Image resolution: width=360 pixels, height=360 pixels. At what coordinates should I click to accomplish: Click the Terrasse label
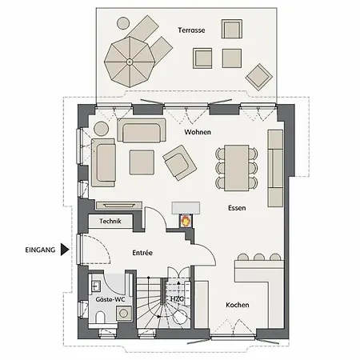tap(191, 30)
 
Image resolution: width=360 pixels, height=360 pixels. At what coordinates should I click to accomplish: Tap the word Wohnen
tap(198, 132)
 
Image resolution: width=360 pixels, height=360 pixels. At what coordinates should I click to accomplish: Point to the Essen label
tap(237, 208)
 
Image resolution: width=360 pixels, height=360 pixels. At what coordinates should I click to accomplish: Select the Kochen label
tap(238, 305)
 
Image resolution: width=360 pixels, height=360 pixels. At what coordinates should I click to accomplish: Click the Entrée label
tap(142, 253)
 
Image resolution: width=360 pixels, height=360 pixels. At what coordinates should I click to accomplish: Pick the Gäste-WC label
tap(110, 299)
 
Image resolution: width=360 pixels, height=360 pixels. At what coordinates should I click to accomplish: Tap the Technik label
tap(110, 221)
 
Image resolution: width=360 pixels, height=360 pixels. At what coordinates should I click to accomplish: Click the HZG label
tap(177, 299)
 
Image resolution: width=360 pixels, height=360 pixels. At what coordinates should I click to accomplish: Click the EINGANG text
tap(40, 250)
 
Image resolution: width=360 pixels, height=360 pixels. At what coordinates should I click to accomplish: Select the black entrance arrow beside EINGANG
tap(64, 250)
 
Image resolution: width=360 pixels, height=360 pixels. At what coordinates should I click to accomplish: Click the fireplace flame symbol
tap(186, 221)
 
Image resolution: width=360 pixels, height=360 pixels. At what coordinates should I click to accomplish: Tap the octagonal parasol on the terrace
tap(130, 62)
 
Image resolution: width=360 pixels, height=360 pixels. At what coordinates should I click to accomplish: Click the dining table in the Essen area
tap(237, 168)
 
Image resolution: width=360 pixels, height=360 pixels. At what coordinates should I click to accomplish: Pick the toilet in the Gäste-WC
tap(100, 317)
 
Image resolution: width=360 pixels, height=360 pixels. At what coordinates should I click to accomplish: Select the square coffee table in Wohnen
tap(142, 162)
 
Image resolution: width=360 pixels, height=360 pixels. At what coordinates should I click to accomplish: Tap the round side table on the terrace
tap(123, 23)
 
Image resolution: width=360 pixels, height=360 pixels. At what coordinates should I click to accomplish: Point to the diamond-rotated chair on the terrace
tap(259, 77)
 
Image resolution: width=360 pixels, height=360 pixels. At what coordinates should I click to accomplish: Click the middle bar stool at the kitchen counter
tap(259, 257)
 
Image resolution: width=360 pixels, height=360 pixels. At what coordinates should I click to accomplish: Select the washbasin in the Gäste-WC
tap(95, 286)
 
